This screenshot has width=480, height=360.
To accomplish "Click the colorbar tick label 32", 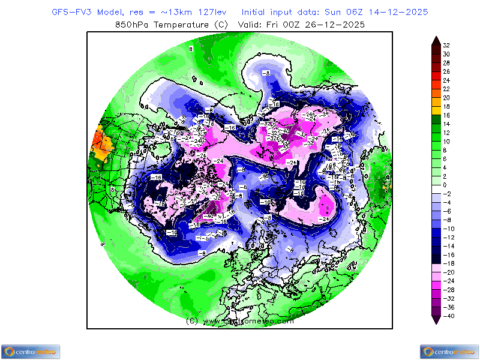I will [446, 45].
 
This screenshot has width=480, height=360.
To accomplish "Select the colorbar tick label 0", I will [446, 185].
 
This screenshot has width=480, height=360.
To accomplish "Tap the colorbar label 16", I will [446, 115].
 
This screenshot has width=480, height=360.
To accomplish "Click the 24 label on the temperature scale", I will [446, 80].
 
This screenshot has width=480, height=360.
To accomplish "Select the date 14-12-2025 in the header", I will [403, 12].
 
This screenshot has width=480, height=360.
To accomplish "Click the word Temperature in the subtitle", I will [179, 25].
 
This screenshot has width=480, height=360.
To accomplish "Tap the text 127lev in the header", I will [214, 12].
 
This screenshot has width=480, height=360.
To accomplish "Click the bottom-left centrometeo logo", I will [30, 352].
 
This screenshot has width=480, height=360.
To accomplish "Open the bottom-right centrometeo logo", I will [449, 352].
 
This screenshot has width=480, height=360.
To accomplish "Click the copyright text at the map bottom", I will [240, 321].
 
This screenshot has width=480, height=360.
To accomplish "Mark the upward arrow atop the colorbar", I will [436, 40].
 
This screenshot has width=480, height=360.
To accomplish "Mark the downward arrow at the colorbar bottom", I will [436, 320].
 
